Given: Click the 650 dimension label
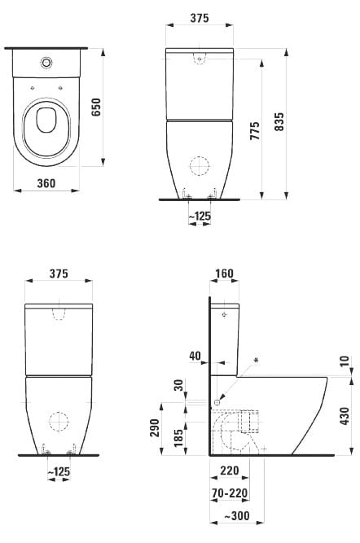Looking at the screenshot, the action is (97, 107).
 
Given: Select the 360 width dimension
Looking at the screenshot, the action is (46, 183).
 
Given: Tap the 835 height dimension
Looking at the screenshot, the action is (279, 121).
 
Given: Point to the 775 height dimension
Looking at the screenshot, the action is (255, 130).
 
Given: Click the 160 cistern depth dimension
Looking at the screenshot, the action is (224, 274).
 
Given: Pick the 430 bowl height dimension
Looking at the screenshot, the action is (345, 416).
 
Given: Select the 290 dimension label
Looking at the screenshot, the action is (154, 427).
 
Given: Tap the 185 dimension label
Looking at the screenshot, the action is (178, 438).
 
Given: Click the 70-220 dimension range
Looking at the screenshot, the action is (230, 493).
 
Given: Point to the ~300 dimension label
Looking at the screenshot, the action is (237, 515).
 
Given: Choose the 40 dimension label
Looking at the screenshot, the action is (195, 356).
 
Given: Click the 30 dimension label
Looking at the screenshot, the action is (178, 385).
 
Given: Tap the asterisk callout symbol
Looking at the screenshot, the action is (256, 361).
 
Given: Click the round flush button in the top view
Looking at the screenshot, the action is (46, 63).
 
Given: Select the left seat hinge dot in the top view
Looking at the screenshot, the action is (32, 88).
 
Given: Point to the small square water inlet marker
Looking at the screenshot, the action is (217, 402).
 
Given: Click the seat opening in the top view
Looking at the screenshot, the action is (46, 120).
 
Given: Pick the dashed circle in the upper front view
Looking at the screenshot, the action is (200, 166).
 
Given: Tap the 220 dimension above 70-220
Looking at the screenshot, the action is (230, 471).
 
